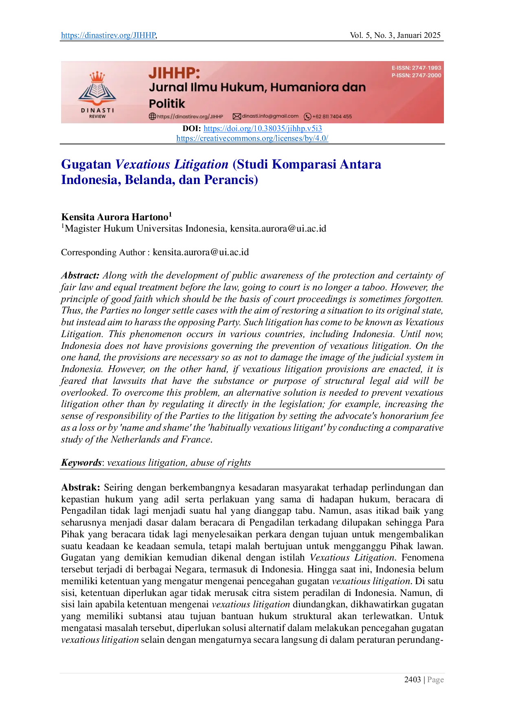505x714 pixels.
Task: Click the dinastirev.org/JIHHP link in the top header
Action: [x=108, y=35]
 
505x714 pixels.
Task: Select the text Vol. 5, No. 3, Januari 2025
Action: [x=395, y=35]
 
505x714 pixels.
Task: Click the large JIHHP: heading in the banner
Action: [x=174, y=73]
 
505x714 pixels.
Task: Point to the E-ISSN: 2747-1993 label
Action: [x=416, y=68]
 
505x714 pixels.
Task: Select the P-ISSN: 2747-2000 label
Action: [x=416, y=75]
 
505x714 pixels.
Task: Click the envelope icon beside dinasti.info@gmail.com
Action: [x=237, y=116]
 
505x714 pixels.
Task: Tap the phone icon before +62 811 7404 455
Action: [x=307, y=116]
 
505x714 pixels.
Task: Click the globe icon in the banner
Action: [x=152, y=116]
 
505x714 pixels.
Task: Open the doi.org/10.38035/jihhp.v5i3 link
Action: [x=263, y=129]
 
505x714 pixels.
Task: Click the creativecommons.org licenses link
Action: [x=252, y=138]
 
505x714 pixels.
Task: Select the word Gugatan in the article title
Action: [x=86, y=164]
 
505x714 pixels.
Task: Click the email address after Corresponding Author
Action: [x=201, y=252]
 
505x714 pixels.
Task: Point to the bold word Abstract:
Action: [x=80, y=276]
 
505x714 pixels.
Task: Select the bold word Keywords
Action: [x=81, y=463]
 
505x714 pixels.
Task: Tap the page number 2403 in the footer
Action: [x=413, y=679]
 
